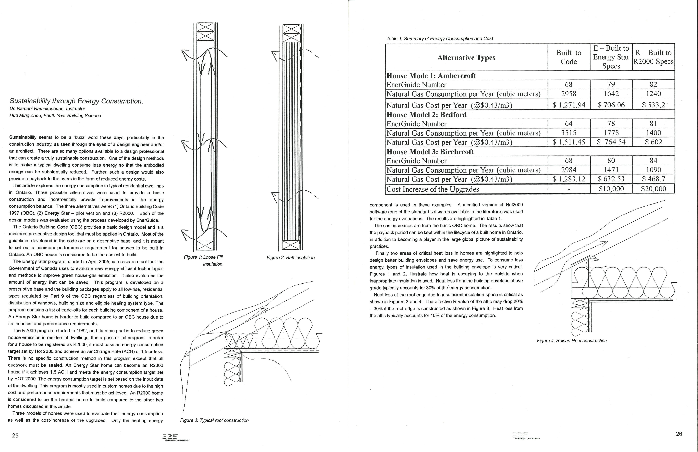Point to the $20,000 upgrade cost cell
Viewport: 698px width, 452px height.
(x=653, y=189)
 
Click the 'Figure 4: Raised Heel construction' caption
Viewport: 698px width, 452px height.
(x=572, y=341)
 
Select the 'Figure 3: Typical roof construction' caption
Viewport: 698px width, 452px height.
(x=214, y=420)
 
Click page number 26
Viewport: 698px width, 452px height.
(x=679, y=434)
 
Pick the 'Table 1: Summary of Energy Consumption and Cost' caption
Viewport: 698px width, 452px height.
(x=440, y=38)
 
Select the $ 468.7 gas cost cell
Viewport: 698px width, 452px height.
(x=653, y=179)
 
